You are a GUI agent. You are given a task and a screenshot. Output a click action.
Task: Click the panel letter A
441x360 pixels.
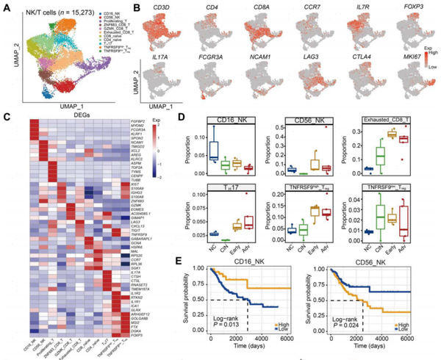6,6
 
